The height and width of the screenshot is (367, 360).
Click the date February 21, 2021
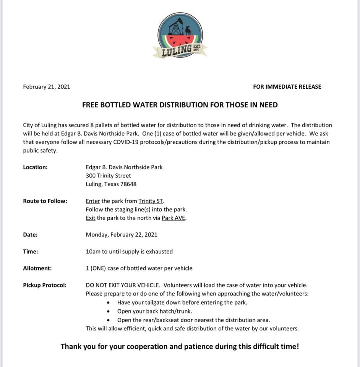click(47, 87)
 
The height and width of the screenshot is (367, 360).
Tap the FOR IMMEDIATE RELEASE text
click(287, 87)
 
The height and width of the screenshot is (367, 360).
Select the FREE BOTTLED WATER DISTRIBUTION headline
click(180, 105)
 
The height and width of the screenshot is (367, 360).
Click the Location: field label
click(35, 167)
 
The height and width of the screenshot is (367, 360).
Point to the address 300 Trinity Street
click(108, 175)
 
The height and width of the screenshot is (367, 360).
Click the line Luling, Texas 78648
click(111, 184)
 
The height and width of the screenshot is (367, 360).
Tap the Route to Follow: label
click(45, 201)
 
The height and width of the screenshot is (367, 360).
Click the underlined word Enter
click(93, 201)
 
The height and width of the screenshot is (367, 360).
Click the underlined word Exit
click(91, 218)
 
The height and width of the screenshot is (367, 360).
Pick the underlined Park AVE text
click(174, 218)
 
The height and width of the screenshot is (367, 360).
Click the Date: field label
click(30, 235)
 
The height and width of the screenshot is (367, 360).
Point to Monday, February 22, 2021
click(122, 235)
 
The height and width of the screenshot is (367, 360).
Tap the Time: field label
click(31, 252)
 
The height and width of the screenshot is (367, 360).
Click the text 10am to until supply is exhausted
click(129, 252)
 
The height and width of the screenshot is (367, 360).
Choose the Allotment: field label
click(37, 268)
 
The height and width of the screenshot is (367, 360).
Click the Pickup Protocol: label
click(45, 285)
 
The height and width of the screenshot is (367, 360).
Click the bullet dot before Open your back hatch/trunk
click(109, 311)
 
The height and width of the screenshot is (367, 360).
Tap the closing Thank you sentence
click(180, 347)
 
